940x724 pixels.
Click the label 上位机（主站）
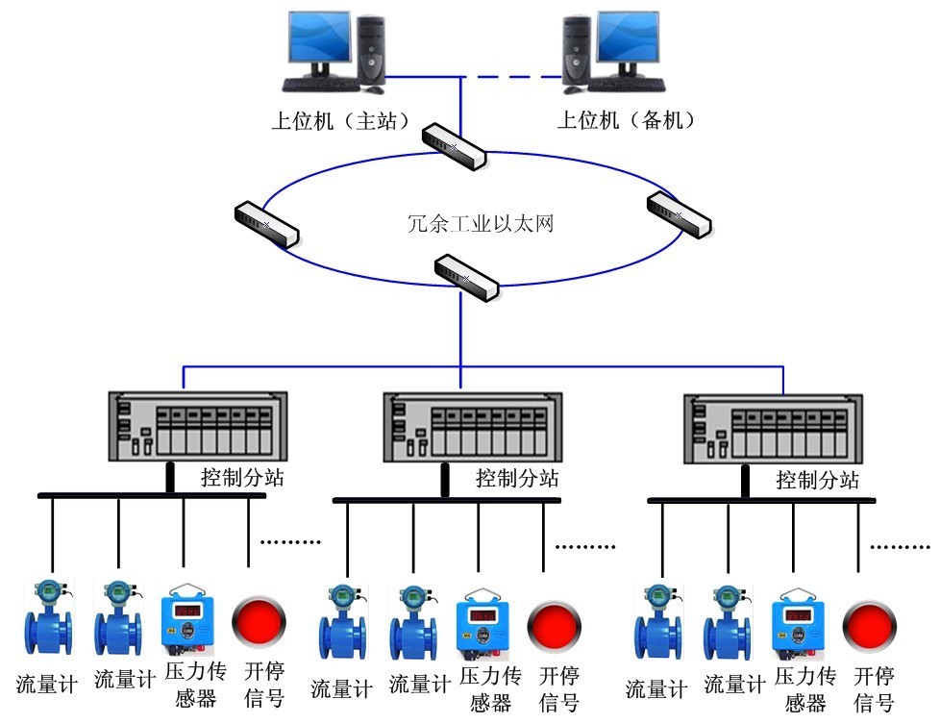(340, 121)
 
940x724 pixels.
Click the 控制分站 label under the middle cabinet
(516, 478)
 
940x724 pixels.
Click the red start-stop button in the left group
(260, 621)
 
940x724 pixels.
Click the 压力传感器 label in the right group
(805, 688)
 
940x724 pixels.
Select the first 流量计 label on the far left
(45, 684)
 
